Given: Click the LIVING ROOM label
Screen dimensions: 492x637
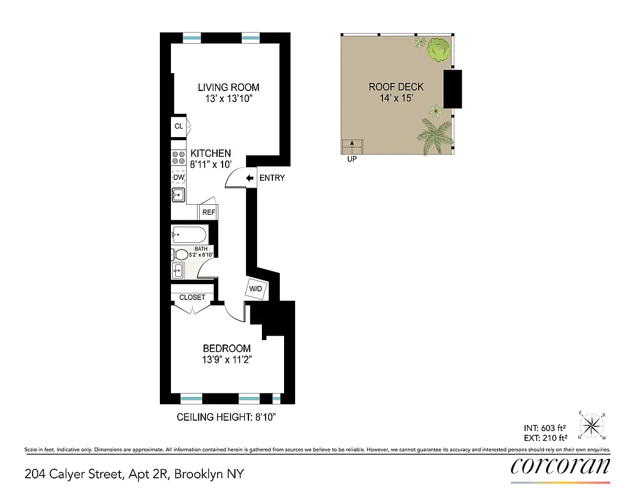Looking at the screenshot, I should (x=228, y=87).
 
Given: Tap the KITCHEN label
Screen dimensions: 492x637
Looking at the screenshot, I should (x=211, y=153).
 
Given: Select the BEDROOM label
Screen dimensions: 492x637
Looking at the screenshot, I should (x=226, y=349).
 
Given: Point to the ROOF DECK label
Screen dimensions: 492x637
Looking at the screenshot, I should (x=396, y=87).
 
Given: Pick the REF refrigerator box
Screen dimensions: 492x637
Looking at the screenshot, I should (x=208, y=213).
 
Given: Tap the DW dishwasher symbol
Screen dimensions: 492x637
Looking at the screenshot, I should (x=179, y=178).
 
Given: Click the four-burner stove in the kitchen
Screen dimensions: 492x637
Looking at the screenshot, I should (x=178, y=157).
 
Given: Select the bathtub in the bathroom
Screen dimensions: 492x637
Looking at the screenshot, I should (x=188, y=234).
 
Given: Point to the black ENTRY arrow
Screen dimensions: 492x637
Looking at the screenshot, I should (x=250, y=178).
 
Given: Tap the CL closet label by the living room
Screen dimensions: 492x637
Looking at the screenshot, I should (x=178, y=127).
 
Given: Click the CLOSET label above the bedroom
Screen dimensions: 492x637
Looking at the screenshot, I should (x=192, y=298).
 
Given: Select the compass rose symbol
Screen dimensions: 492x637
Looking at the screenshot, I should (x=592, y=424).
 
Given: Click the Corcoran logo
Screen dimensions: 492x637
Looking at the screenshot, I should (x=560, y=466).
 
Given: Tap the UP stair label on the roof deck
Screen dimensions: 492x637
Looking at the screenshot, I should (x=352, y=159).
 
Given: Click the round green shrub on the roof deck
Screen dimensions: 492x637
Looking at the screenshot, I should (x=438, y=50).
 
